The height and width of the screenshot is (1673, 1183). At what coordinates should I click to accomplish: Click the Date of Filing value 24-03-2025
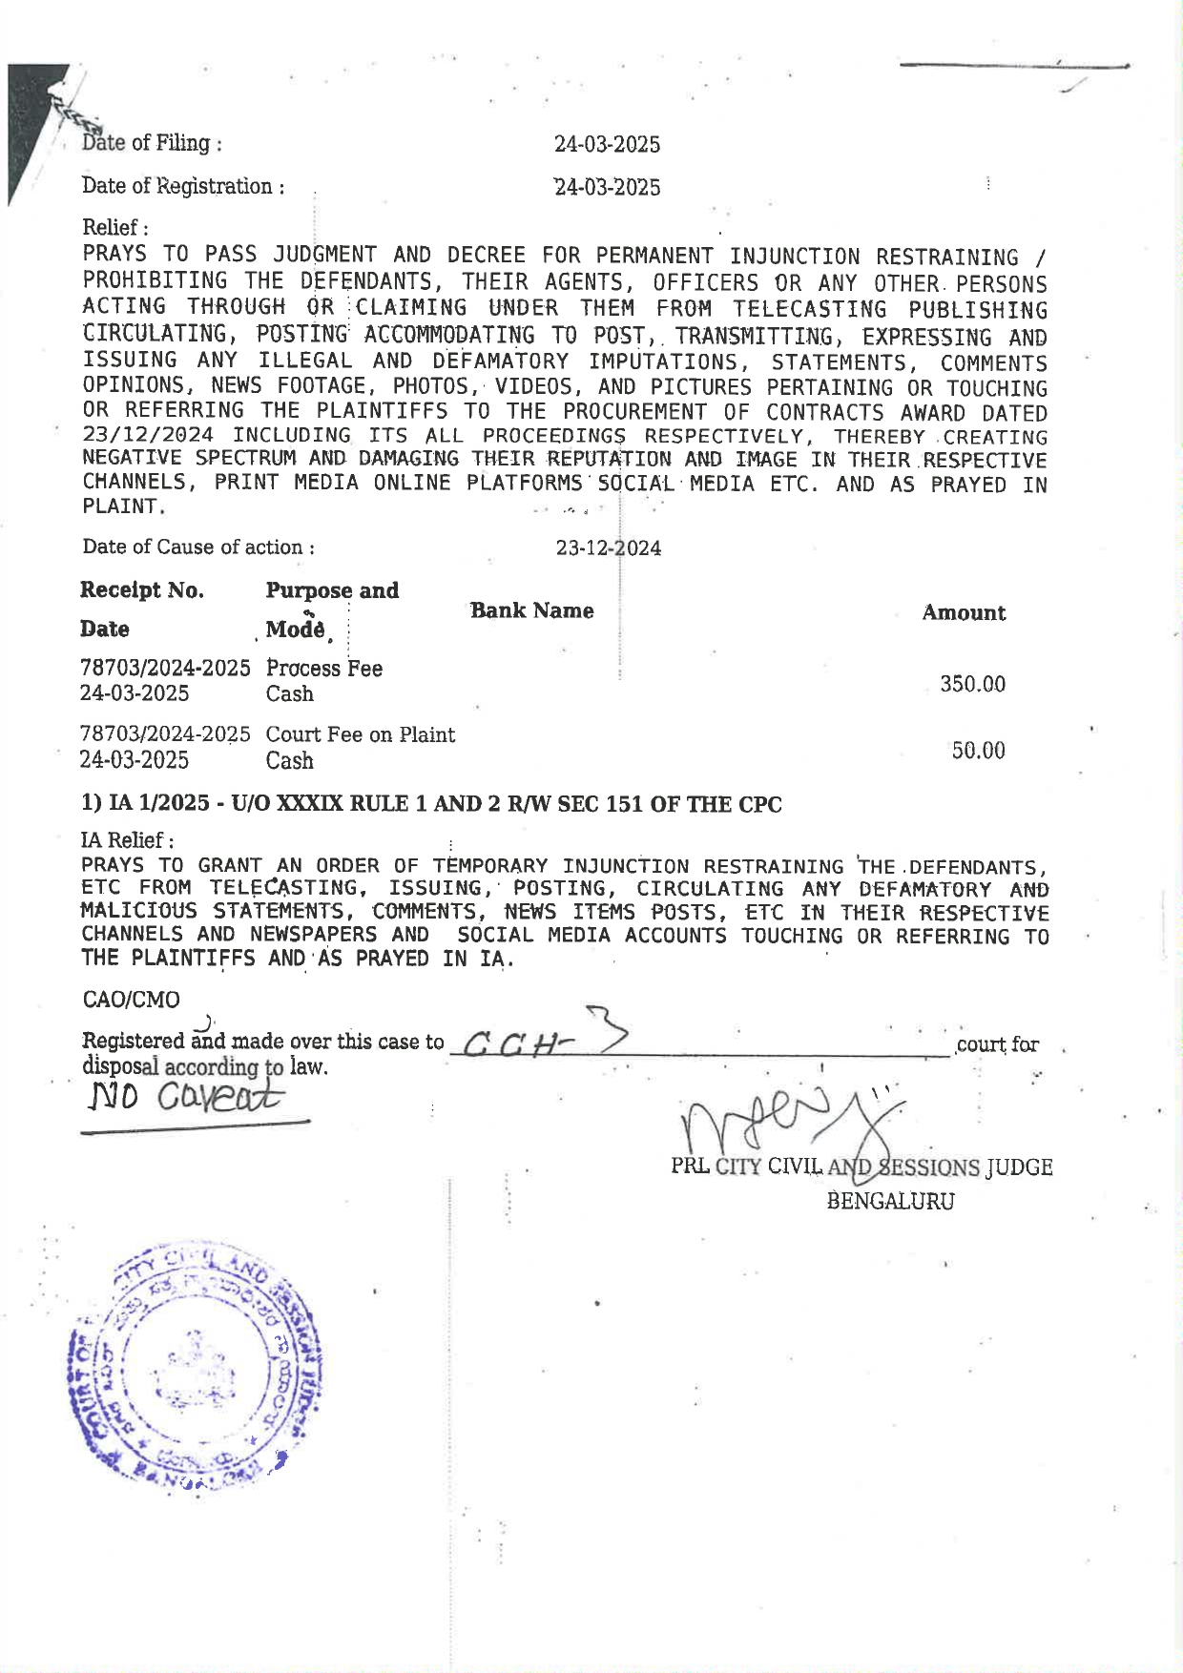point(607,144)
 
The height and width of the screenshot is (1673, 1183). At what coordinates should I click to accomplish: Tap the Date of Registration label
point(183,186)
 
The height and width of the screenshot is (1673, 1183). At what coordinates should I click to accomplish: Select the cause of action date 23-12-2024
point(608,547)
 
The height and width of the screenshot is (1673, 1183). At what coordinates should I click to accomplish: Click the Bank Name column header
point(531,610)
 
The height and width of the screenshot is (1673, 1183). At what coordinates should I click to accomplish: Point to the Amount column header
point(963,612)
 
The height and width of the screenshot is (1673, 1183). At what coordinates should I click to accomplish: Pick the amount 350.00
point(972,684)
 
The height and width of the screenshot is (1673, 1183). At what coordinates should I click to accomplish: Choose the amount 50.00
point(978,751)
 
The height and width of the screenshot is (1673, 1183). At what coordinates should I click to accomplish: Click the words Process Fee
point(323,668)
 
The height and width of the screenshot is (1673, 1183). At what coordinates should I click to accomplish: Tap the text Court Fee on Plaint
point(360,734)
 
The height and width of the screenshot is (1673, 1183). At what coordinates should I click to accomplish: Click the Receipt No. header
point(141,589)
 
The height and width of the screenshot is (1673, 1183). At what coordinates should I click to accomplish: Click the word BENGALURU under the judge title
point(890,1201)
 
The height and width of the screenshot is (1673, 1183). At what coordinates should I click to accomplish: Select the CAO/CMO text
point(131,1000)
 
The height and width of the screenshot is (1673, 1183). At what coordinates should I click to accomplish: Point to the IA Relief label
point(127,840)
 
